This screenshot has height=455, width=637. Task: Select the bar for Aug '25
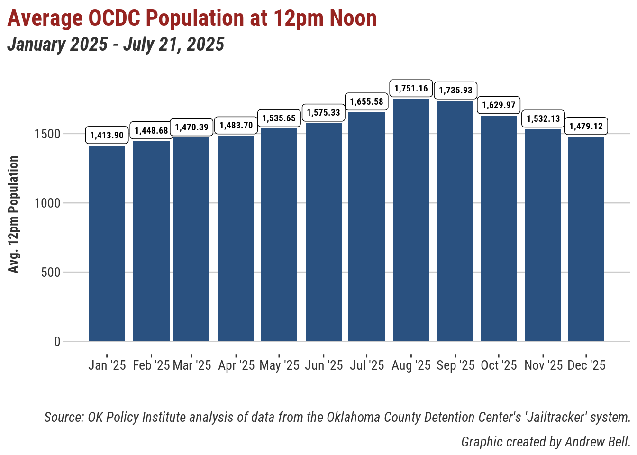(411, 220)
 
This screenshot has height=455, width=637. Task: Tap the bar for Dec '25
(586, 239)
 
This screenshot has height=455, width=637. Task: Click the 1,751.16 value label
(411, 89)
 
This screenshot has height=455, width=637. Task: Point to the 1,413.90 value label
(107, 135)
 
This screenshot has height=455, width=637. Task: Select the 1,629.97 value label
(499, 105)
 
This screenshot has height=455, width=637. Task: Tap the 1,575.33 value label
(324, 113)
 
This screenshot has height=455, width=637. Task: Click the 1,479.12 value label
(586, 126)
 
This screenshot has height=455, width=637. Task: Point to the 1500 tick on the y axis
(47, 134)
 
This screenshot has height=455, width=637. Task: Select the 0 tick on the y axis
(57, 342)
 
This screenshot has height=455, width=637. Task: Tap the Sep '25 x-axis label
(455, 365)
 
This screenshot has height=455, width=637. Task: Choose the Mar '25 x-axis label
(192, 365)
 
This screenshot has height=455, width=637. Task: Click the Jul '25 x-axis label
(367, 365)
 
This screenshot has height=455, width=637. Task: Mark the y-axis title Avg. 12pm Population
(14, 214)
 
